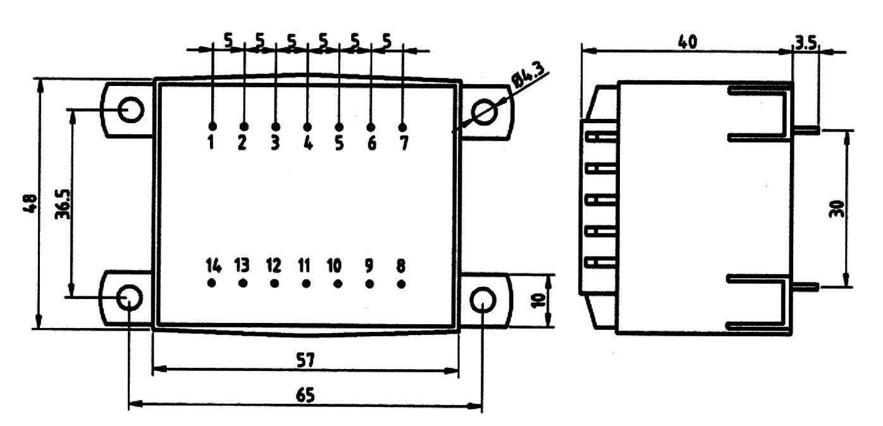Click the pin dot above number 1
(212, 126)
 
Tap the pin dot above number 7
(403, 127)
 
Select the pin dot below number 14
(211, 283)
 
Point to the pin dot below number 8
(401, 283)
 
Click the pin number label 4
(307, 143)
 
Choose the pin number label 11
(305, 264)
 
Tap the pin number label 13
(242, 264)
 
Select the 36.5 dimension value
(61, 204)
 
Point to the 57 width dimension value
(306, 360)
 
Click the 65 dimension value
(306, 394)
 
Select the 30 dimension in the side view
(836, 209)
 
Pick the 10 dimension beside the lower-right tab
(538, 301)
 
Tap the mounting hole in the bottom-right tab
(482, 299)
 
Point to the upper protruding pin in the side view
(807, 130)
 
